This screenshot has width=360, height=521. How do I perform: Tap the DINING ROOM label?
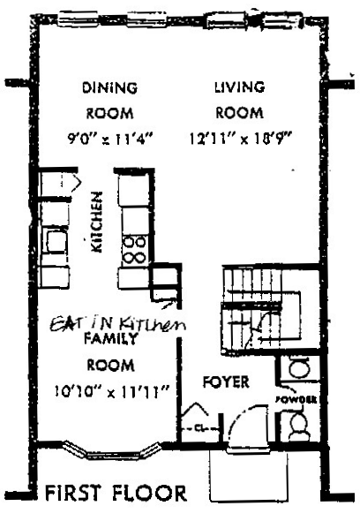click(109, 101)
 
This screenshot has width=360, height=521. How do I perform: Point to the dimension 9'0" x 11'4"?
click(111, 139)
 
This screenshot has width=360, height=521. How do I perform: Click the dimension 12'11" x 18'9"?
click(240, 139)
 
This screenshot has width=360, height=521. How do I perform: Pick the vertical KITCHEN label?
click(97, 223)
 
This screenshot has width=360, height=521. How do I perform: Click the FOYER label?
click(225, 383)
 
